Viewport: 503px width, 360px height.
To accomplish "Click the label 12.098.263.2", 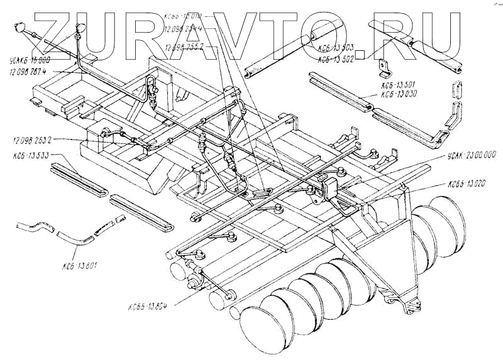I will tap(32, 139).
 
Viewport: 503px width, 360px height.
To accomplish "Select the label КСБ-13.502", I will tap(338, 57).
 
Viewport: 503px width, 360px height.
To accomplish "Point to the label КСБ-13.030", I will tap(399, 95).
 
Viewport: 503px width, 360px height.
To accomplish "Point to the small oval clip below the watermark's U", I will tap(456, 89).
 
